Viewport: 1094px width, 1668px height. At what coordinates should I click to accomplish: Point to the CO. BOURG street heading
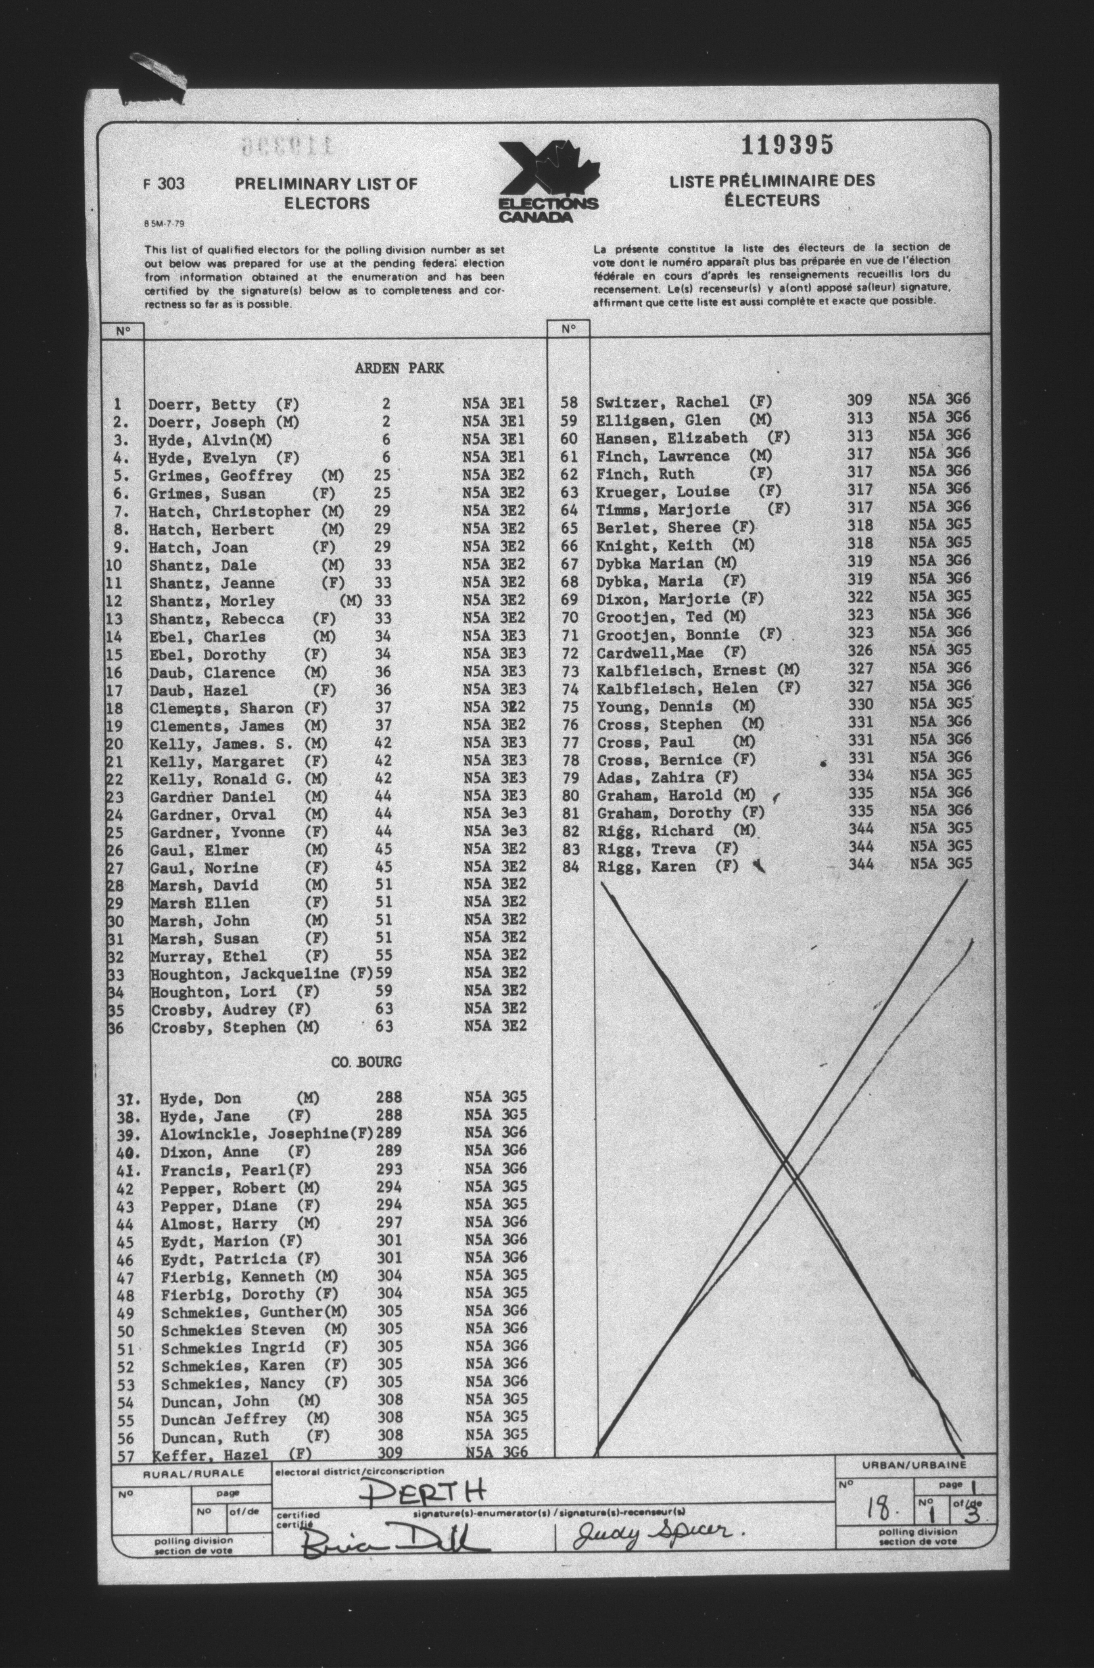pos(367,1062)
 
